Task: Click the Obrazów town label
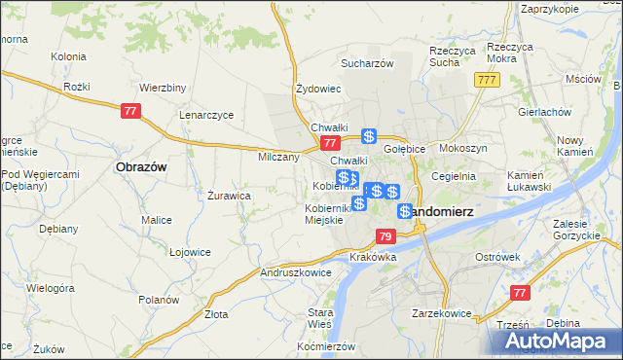(x=141, y=166)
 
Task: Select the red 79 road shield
(x=385, y=236)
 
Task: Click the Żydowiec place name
(x=318, y=89)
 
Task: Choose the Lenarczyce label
(x=206, y=114)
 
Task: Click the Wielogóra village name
(x=51, y=289)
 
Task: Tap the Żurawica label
(x=230, y=195)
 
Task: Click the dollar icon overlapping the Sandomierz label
(x=405, y=211)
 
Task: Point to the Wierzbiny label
(x=163, y=87)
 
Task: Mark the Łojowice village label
(x=190, y=252)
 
